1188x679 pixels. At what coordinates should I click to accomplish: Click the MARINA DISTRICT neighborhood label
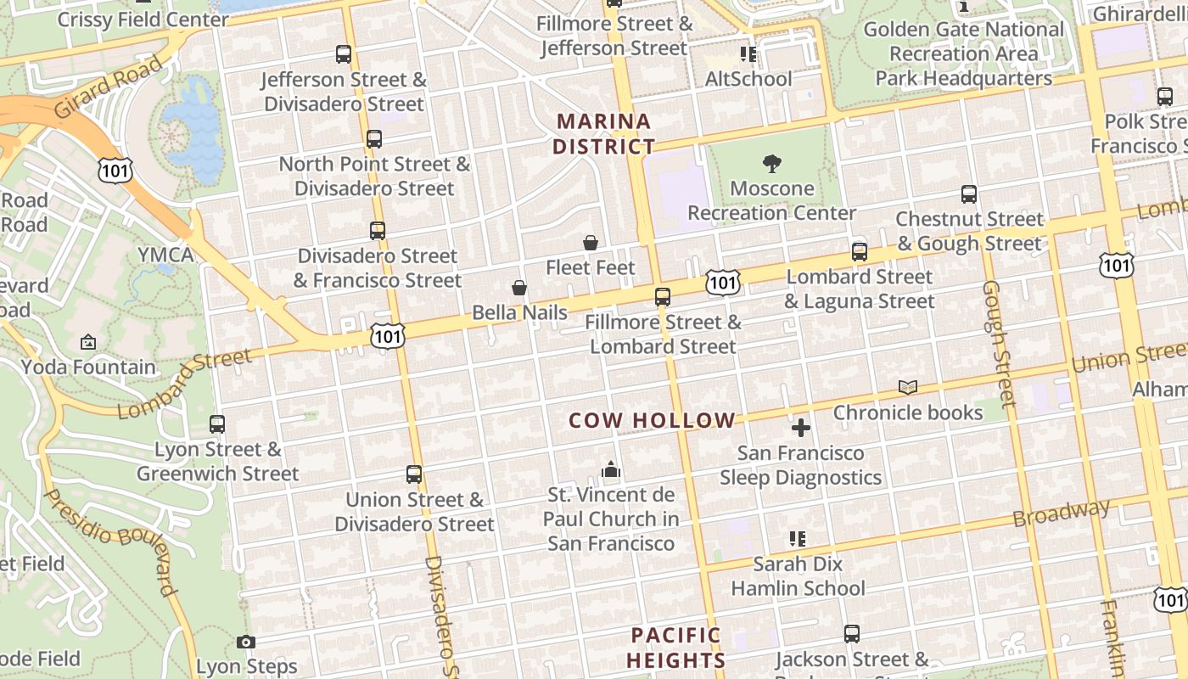(x=603, y=134)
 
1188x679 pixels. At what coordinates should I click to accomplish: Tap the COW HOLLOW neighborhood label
(x=652, y=420)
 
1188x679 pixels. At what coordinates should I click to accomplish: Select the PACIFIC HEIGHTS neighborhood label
(x=676, y=648)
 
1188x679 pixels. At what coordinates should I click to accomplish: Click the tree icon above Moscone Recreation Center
(x=771, y=163)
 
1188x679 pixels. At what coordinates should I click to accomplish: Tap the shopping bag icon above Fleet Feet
(x=591, y=244)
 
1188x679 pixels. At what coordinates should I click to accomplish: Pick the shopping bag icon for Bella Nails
(x=519, y=289)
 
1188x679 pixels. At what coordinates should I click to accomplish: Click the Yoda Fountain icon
(x=88, y=343)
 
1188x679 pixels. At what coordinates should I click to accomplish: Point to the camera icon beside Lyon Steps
(x=246, y=643)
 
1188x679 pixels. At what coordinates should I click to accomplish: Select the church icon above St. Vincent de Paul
(x=611, y=469)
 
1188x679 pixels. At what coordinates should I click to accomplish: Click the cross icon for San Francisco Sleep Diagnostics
(x=800, y=428)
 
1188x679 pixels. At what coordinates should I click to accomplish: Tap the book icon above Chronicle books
(x=908, y=388)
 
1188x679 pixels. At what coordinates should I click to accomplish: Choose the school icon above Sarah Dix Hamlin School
(x=797, y=538)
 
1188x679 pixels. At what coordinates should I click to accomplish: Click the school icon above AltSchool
(x=748, y=54)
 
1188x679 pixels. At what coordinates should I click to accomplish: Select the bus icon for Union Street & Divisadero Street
(x=414, y=474)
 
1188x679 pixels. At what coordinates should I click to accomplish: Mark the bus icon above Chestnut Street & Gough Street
(x=969, y=194)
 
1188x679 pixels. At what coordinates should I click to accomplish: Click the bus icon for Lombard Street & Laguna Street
(x=860, y=252)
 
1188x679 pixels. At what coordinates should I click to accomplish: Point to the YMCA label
(x=166, y=255)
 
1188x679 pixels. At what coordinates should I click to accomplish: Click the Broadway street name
(x=1062, y=513)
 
